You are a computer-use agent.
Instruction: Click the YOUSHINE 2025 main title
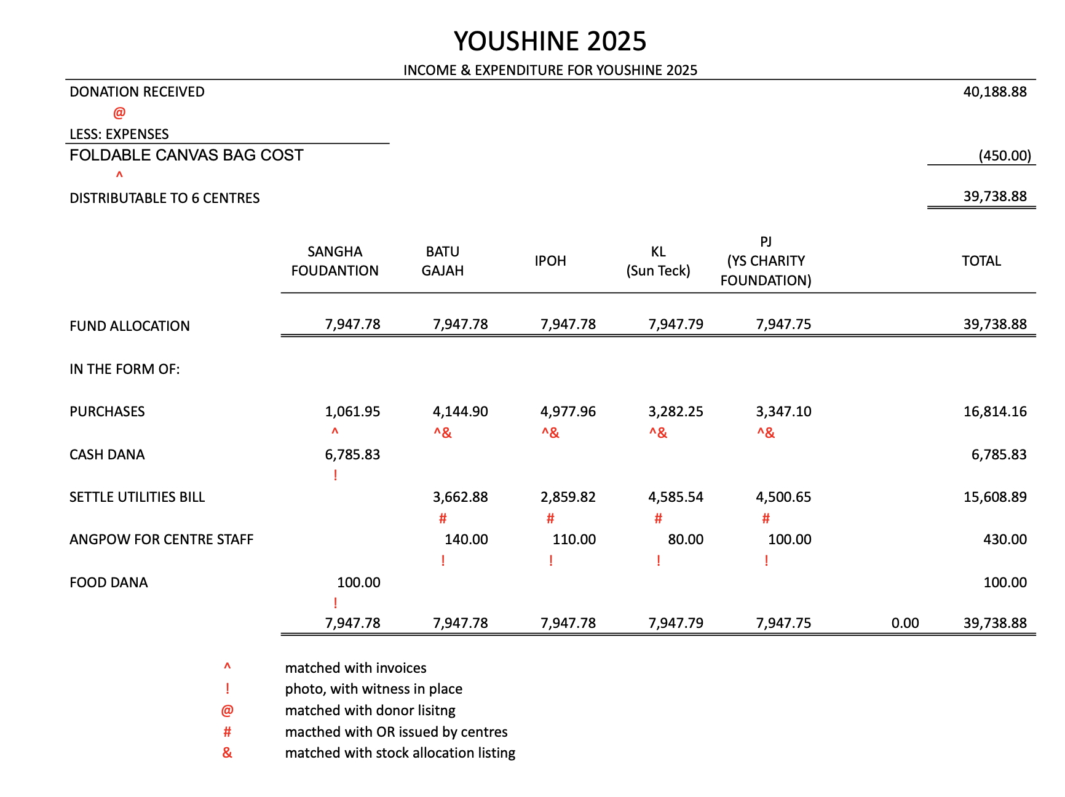click(550, 41)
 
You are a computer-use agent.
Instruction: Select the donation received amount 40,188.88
click(994, 92)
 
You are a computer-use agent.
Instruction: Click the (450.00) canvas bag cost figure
click(1004, 156)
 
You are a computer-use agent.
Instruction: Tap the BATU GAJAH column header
click(443, 261)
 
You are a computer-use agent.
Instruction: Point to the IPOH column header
click(550, 261)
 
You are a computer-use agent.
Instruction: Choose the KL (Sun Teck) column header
click(658, 261)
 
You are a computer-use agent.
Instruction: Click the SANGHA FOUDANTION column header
click(335, 261)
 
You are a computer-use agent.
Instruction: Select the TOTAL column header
click(981, 261)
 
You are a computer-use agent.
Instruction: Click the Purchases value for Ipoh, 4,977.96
click(568, 411)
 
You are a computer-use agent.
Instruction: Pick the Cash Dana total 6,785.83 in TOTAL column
click(999, 454)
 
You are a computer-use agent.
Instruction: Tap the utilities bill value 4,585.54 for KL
click(675, 497)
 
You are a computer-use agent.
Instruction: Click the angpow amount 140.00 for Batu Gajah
click(466, 539)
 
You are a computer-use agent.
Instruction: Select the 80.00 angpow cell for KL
click(685, 539)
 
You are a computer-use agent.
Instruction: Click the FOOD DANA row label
click(109, 582)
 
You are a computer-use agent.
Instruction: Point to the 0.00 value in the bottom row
click(905, 623)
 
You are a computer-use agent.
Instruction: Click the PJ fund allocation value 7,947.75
click(783, 324)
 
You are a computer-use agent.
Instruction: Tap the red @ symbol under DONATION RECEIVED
click(119, 113)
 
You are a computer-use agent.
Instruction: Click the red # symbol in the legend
click(227, 732)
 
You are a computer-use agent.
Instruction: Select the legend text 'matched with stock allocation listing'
click(400, 753)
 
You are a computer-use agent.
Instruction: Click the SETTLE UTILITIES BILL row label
click(137, 497)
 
